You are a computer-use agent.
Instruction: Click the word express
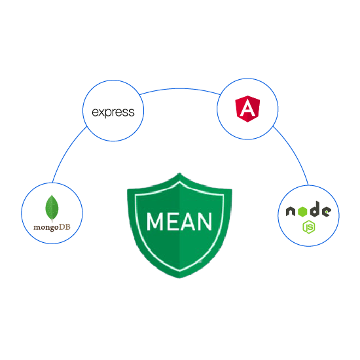coord(113,113)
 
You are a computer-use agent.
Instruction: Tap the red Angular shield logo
coord(247,109)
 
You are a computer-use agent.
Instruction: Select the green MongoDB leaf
coord(52,208)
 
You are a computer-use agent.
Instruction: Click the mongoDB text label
coord(52,228)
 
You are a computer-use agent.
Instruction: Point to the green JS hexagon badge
coord(309,227)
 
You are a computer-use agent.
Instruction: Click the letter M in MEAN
coord(155,221)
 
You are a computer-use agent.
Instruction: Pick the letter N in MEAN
coord(204,221)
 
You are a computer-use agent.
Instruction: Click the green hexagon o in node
coord(302,211)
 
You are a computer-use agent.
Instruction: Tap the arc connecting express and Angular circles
coord(180,89)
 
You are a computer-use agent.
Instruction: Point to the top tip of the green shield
coord(179,173)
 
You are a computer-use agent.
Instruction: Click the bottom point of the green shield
coord(179,278)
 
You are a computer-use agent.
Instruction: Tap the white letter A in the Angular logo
coord(247,108)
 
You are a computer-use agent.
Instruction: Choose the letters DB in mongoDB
coord(65,227)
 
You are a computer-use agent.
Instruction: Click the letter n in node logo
coord(291,211)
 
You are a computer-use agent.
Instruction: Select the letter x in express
coord(101,113)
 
